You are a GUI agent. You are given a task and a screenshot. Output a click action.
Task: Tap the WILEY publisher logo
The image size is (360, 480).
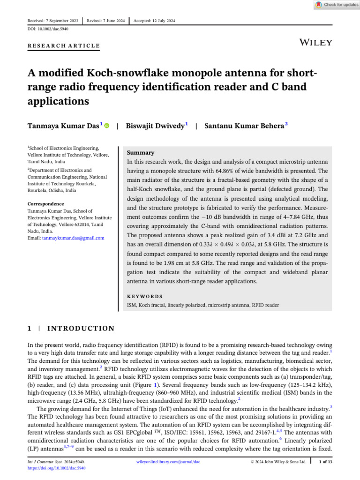click(x=315, y=43)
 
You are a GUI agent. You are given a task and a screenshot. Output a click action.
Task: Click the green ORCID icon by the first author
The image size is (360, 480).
click(x=107, y=126)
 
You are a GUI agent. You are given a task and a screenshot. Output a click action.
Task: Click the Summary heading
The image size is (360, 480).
click(x=141, y=153)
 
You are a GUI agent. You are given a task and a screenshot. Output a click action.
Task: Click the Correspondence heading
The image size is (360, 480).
click(x=45, y=204)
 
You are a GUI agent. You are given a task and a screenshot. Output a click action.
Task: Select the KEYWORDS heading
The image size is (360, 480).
click(x=145, y=297)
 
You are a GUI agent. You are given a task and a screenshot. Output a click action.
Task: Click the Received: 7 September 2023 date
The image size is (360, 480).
click(x=52, y=21)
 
